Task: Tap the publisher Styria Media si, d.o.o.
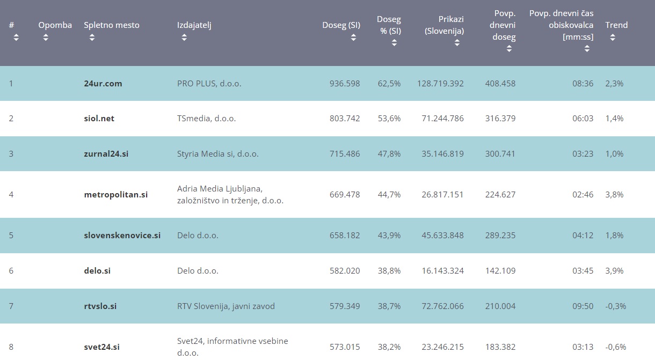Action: tap(217, 154)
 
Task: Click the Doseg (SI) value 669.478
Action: tap(345, 195)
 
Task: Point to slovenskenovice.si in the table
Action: tap(122, 236)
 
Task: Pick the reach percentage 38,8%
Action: tap(389, 271)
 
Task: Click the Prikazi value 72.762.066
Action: tap(440, 306)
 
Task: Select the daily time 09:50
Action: tap(583, 306)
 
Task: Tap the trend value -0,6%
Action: tap(616, 347)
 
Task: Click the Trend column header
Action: tap(616, 25)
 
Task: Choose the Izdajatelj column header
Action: tap(194, 25)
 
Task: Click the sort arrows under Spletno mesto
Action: tap(92, 38)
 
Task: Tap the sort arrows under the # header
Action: tap(16, 38)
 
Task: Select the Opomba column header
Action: tap(55, 25)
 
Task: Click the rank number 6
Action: tap(11, 271)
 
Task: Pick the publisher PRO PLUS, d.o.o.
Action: tap(210, 84)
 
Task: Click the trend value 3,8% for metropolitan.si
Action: tap(614, 195)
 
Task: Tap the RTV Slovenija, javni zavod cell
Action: tap(225, 306)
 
